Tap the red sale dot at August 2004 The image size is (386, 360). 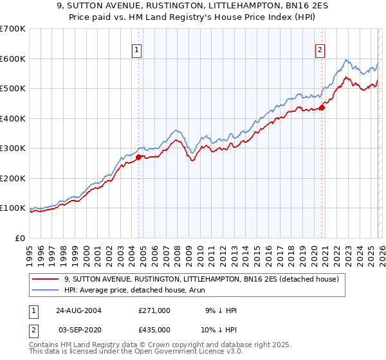click(139, 156)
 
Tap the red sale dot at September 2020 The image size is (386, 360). click(322, 107)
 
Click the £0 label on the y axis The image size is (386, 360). click(19, 238)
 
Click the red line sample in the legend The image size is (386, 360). click(46, 279)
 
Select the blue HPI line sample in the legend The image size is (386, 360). click(46, 290)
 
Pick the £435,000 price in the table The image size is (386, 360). click(154, 329)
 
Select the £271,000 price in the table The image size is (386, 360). click(154, 310)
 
